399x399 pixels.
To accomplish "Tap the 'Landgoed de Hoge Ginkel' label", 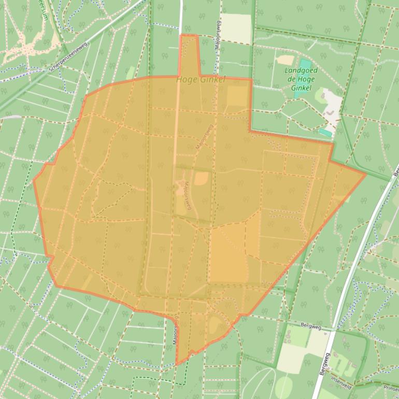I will (301, 80).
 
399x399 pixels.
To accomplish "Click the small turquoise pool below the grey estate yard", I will (325, 133).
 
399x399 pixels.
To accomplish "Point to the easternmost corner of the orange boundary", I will (366, 174).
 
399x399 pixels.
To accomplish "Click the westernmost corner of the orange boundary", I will (34, 181).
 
